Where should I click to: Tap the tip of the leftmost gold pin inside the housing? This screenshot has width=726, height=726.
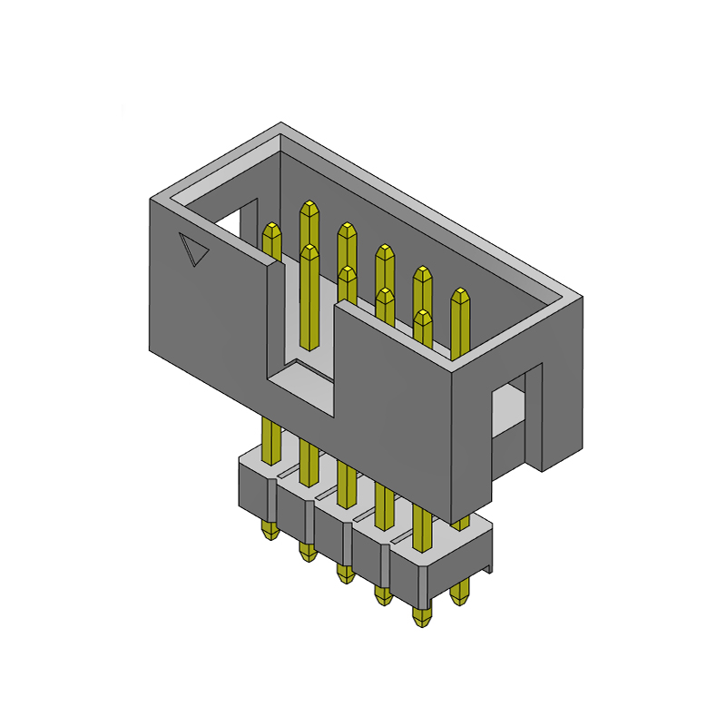(x=271, y=228)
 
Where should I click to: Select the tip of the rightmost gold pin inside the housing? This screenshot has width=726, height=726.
(x=461, y=295)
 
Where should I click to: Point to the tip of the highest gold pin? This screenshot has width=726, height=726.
(x=309, y=207)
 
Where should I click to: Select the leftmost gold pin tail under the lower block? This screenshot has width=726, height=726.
(x=269, y=531)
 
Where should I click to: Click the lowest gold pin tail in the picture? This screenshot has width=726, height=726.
(x=421, y=617)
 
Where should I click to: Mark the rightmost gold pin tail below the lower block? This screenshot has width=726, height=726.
(x=460, y=593)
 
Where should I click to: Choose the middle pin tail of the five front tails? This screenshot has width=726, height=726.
(x=344, y=574)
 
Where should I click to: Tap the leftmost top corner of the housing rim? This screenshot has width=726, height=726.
(x=150, y=198)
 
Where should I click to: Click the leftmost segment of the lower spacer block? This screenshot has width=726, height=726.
(x=255, y=490)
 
